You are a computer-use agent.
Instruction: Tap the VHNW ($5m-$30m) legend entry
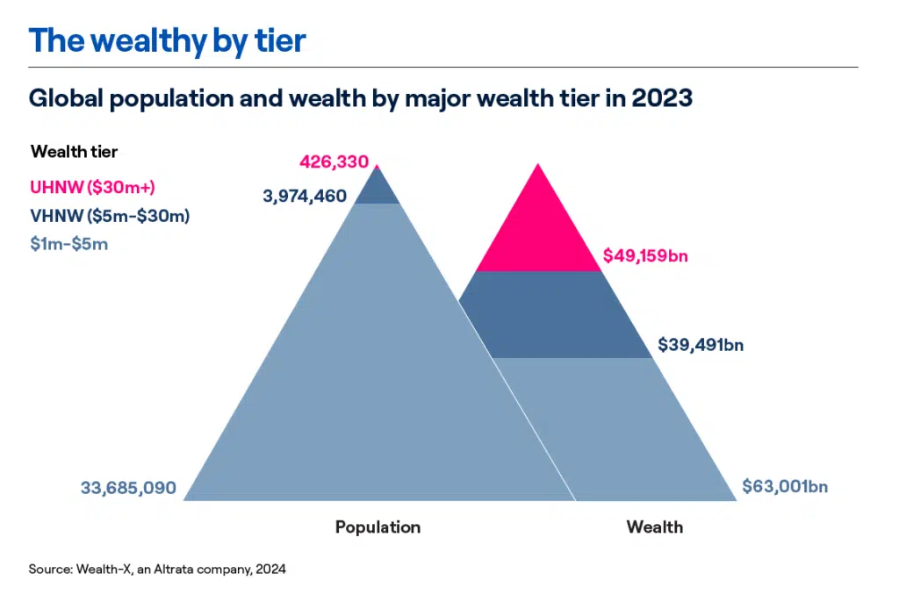(110, 215)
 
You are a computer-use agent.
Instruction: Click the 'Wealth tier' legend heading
(74, 152)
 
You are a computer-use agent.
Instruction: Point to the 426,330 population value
(334, 161)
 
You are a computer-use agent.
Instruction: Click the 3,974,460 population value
(305, 196)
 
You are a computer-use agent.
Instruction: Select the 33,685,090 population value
(128, 487)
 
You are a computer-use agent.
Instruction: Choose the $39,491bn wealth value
(701, 345)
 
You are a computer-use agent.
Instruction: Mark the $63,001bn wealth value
(785, 486)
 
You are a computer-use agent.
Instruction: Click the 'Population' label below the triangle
(378, 527)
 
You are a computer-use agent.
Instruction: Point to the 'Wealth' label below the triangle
(654, 527)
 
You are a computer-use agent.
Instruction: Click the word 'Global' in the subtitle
(61, 98)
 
